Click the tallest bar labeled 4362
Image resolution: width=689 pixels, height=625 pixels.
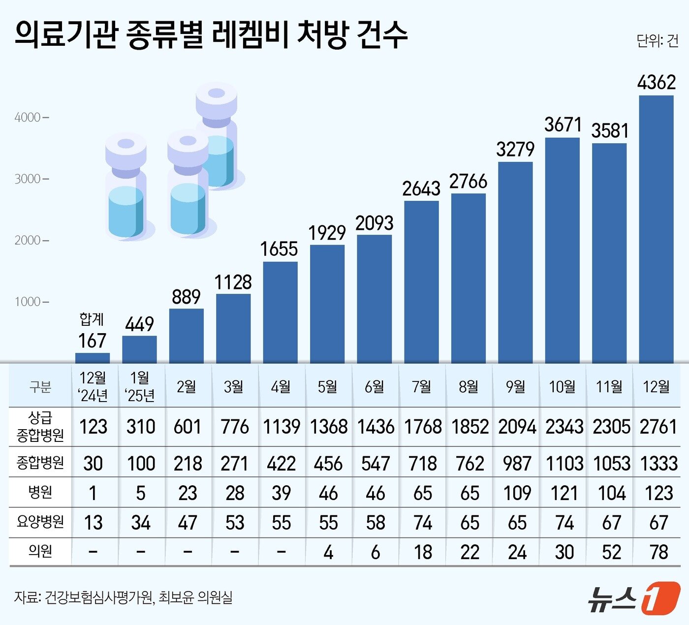[656, 229]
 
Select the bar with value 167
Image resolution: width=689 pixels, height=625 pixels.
[93, 358]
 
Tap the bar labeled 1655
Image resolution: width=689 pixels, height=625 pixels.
[280, 312]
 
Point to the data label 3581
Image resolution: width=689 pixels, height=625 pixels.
[610, 131]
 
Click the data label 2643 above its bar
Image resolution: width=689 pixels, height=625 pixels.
[421, 189]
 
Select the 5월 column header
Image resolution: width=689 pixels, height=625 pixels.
[327, 387]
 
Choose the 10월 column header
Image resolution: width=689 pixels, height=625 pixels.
[563, 387]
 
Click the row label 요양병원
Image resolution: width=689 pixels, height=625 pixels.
[40, 522]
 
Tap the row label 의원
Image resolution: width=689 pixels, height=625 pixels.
[40, 551]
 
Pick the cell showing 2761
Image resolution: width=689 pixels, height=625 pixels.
[658, 427]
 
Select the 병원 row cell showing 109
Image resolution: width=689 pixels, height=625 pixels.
[517, 493]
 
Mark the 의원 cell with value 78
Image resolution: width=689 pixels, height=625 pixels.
[658, 552]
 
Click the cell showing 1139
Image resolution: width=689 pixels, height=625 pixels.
[281, 427]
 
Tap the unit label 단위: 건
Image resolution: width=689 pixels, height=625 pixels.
[657, 41]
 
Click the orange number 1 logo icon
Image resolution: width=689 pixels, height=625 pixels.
[661, 598]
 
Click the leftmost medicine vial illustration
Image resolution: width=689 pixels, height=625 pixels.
[126, 187]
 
